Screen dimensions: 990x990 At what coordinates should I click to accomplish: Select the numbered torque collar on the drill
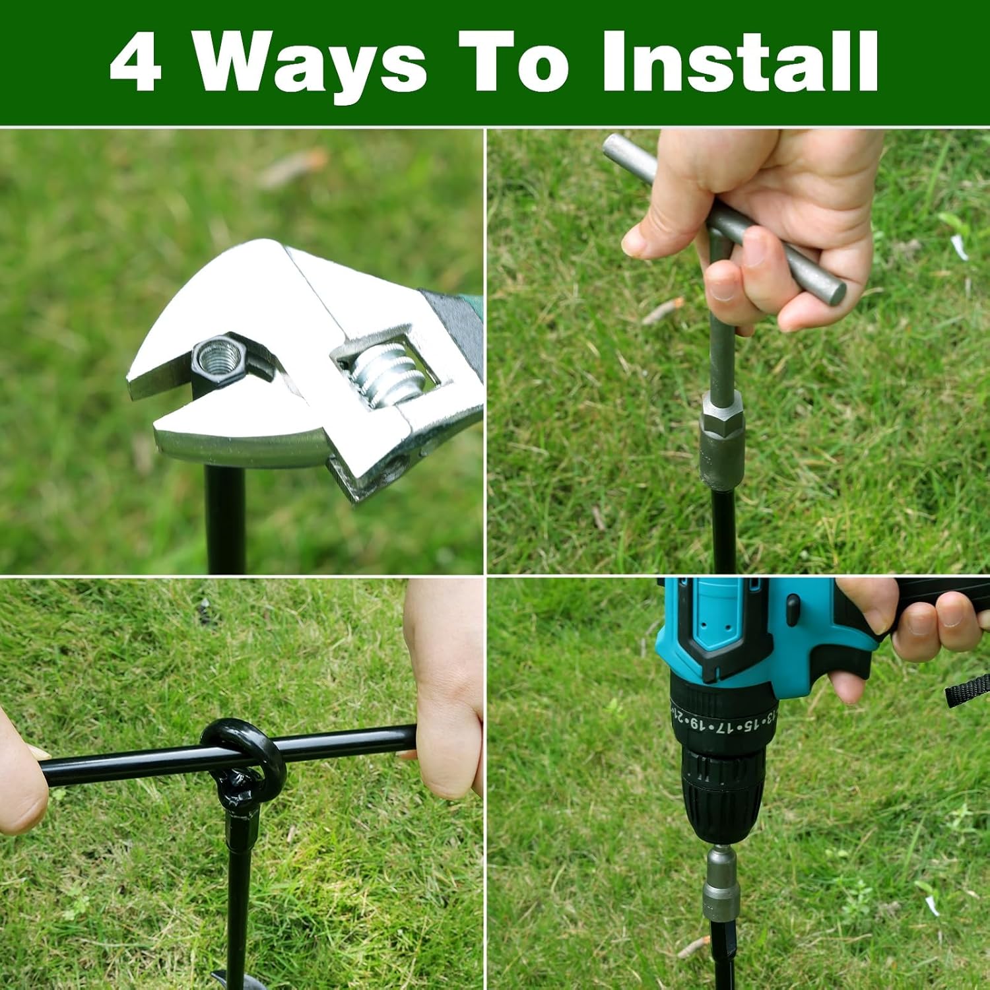tap(723, 716)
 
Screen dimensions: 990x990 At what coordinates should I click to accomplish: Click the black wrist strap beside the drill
tap(968, 690)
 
